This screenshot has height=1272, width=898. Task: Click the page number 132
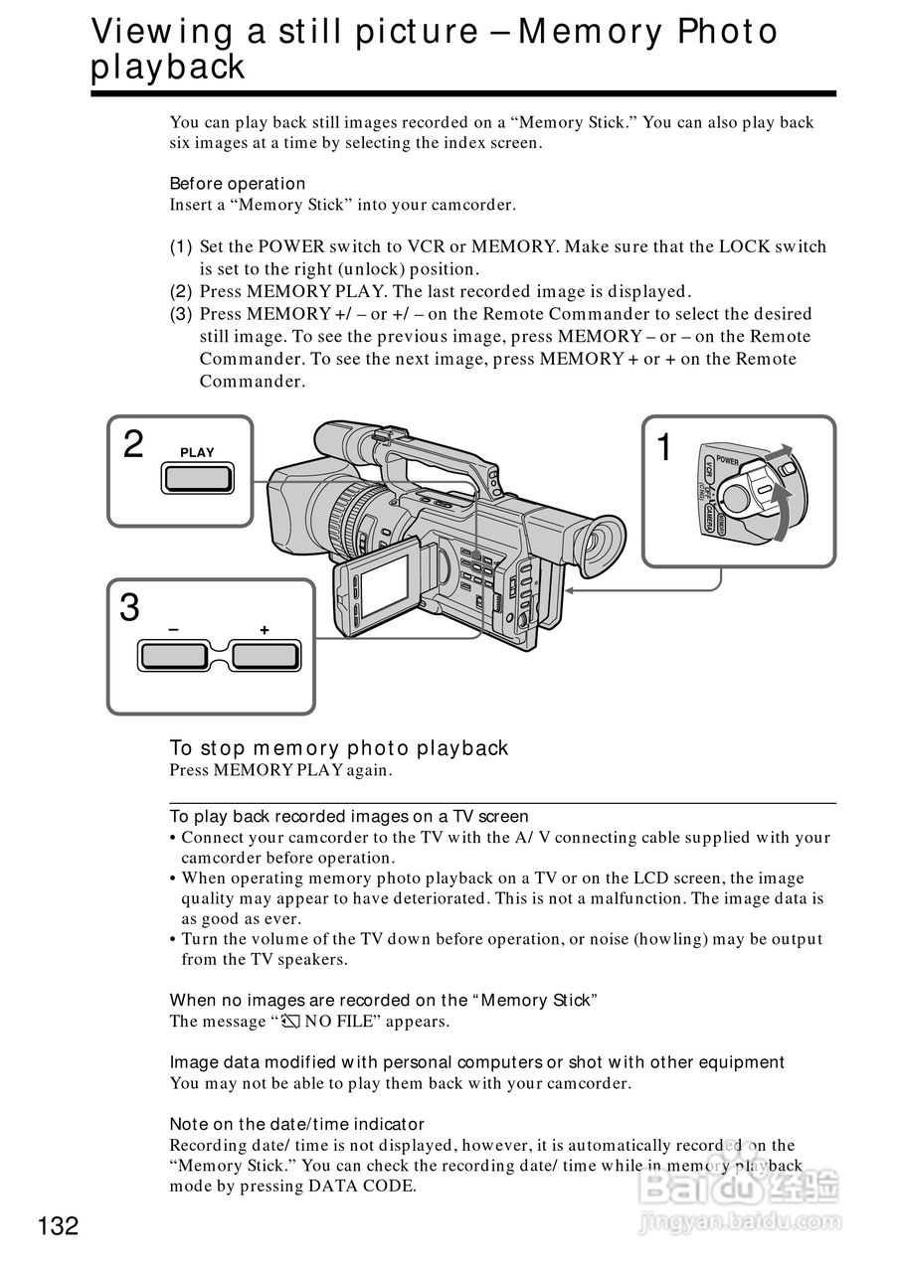pos(59,1226)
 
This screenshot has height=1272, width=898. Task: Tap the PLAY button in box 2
pos(198,479)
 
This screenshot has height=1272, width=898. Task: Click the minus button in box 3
pos(173,657)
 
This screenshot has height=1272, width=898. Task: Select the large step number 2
pos(133,444)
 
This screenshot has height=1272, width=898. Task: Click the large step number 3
pos(129,607)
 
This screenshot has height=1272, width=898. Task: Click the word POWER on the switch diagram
pos(727,460)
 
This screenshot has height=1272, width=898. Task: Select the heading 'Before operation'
pos(238,184)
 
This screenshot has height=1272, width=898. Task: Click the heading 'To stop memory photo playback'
pos(339,748)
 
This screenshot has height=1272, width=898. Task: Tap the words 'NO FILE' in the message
pos(337,1022)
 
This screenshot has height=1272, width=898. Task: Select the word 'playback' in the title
pos(167,68)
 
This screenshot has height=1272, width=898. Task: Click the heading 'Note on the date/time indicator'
pos(296,1124)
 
